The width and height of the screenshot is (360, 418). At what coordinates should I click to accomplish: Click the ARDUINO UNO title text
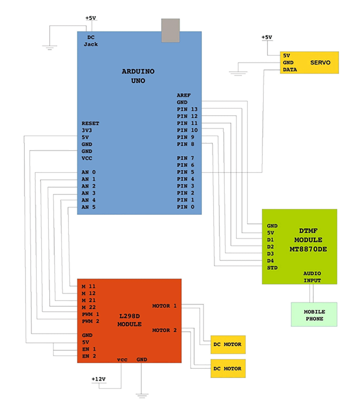138,76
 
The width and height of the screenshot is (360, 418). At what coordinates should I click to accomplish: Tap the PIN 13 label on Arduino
187,109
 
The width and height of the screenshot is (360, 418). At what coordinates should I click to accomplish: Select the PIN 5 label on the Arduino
185,172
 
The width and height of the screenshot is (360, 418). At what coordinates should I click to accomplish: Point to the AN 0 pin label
88,172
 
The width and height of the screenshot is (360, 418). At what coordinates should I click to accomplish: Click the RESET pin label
90,124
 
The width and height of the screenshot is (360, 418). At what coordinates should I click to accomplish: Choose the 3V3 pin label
87,130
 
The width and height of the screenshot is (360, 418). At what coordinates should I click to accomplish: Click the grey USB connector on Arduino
170,30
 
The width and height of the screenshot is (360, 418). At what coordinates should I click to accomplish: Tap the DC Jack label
91,41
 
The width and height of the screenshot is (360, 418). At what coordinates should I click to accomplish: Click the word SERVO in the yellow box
320,63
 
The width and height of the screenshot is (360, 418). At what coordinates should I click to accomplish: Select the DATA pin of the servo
290,70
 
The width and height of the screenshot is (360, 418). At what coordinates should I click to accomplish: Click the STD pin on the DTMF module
272,268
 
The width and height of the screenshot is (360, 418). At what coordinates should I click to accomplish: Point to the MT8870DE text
308,249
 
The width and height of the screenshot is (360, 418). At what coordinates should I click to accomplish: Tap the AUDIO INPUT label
312,277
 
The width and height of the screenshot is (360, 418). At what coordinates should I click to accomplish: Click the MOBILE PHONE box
314,315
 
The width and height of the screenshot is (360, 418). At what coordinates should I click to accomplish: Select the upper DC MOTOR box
228,344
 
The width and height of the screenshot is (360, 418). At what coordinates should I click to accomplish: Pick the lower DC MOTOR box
228,368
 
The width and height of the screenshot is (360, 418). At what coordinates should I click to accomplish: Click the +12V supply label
98,379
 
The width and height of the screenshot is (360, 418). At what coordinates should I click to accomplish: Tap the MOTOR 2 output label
164,330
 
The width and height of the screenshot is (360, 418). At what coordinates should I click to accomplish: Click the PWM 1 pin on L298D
90,314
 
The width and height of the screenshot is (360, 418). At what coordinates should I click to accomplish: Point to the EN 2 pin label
89,356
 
